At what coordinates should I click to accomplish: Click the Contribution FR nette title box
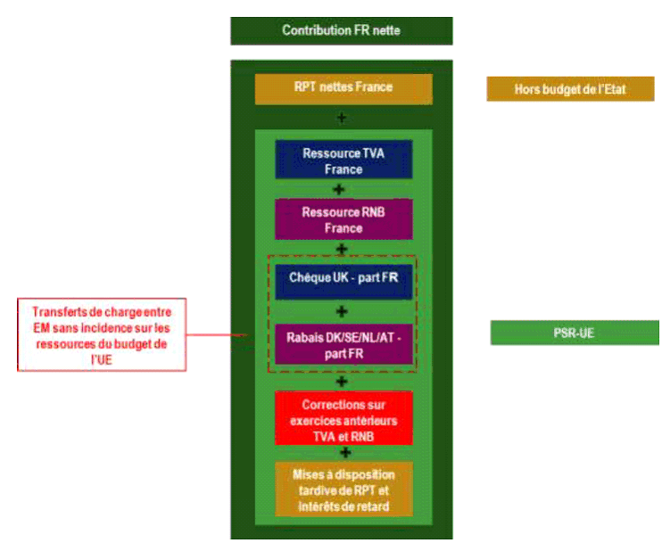(341, 30)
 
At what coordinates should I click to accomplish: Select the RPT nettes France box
(343, 88)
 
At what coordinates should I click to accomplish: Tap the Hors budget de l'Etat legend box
(571, 89)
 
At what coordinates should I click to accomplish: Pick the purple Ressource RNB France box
(343, 220)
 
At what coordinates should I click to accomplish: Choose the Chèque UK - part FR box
(343, 278)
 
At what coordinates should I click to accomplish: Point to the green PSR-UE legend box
(575, 333)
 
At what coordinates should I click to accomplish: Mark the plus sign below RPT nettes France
(341, 117)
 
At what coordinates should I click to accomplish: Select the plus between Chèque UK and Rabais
(341, 311)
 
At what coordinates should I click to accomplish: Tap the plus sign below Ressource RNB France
(339, 250)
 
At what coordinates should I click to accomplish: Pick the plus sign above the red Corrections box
(343, 382)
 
